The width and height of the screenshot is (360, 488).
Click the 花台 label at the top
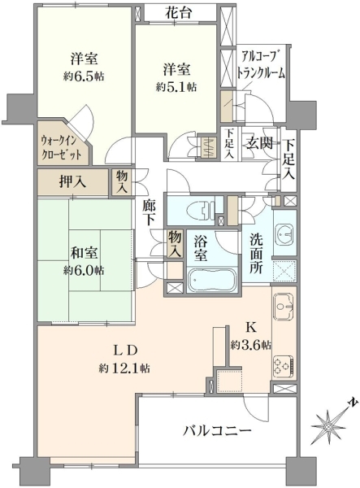pyautogui.click(x=179, y=13)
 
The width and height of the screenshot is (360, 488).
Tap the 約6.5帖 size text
pyautogui.click(x=84, y=76)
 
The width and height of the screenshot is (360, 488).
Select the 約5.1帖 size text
pyautogui.click(x=176, y=87)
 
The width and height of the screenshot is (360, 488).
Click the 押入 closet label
pyautogui.click(x=73, y=182)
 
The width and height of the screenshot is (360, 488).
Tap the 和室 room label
pyautogui.click(x=84, y=253)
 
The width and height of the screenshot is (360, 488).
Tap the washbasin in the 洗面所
pyautogui.click(x=284, y=233)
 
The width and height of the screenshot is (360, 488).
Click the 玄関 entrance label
pyautogui.click(x=259, y=144)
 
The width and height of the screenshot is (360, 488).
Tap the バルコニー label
pyautogui.click(x=217, y=431)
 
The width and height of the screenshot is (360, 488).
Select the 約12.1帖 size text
pyautogui.click(x=124, y=368)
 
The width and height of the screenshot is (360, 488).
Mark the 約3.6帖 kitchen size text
pyautogui.click(x=251, y=345)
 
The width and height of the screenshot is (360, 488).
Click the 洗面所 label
pyautogui.click(x=256, y=254)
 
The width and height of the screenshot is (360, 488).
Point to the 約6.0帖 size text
pyautogui.click(x=84, y=271)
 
